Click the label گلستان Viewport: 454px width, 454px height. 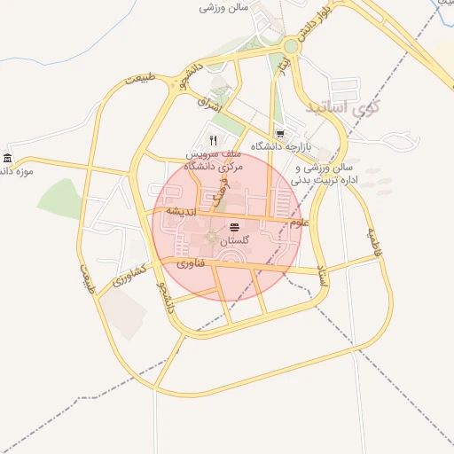pos(234,241)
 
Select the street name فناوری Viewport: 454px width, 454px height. pos(191,263)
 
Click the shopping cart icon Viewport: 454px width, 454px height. pos(280,135)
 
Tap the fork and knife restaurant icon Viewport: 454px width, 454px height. pos(213,140)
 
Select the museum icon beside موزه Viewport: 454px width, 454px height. pos(8,159)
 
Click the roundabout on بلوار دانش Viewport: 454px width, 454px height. pos(292,45)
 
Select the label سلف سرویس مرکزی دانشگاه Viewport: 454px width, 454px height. pos(207,160)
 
